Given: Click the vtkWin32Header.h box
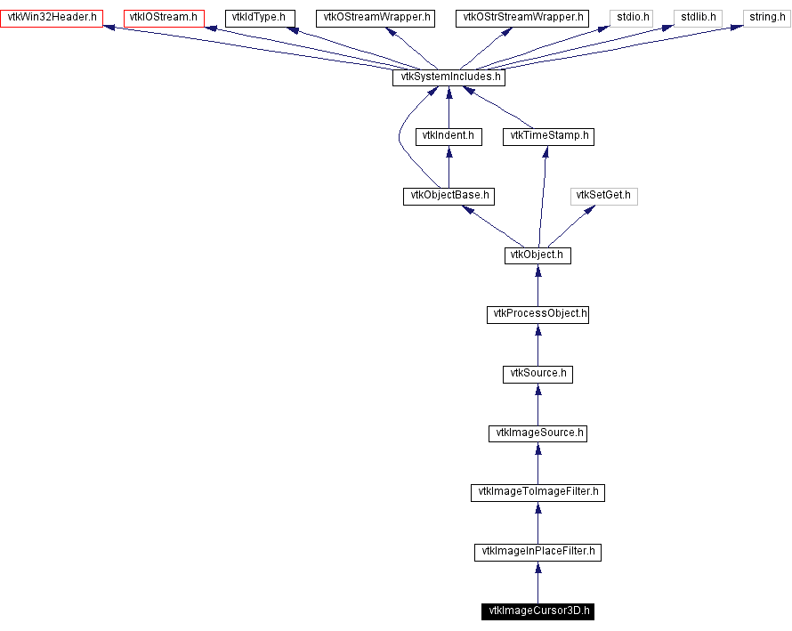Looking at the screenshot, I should [x=52, y=18].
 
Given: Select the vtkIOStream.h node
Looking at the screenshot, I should [x=164, y=18].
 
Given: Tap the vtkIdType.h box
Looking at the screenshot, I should [x=259, y=18].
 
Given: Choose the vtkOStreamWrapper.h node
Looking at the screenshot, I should [x=375, y=18].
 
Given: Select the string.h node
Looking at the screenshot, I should [x=766, y=18].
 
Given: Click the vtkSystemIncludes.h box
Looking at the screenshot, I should [x=449, y=77].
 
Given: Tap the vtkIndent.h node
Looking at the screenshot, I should [x=449, y=136].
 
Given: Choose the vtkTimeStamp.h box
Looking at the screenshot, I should [x=548, y=136].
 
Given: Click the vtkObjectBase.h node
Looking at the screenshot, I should [x=449, y=196].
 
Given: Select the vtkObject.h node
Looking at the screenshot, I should [x=537, y=255].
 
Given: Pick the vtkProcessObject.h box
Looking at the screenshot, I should [x=537, y=314].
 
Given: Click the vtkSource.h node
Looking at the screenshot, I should [x=537, y=374].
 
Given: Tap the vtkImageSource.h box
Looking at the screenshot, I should [x=537, y=433].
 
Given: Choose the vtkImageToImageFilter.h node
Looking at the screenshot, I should [x=537, y=492].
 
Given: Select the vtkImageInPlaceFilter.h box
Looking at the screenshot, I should [x=537, y=552].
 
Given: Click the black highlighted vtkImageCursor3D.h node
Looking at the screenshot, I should [x=537, y=611].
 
